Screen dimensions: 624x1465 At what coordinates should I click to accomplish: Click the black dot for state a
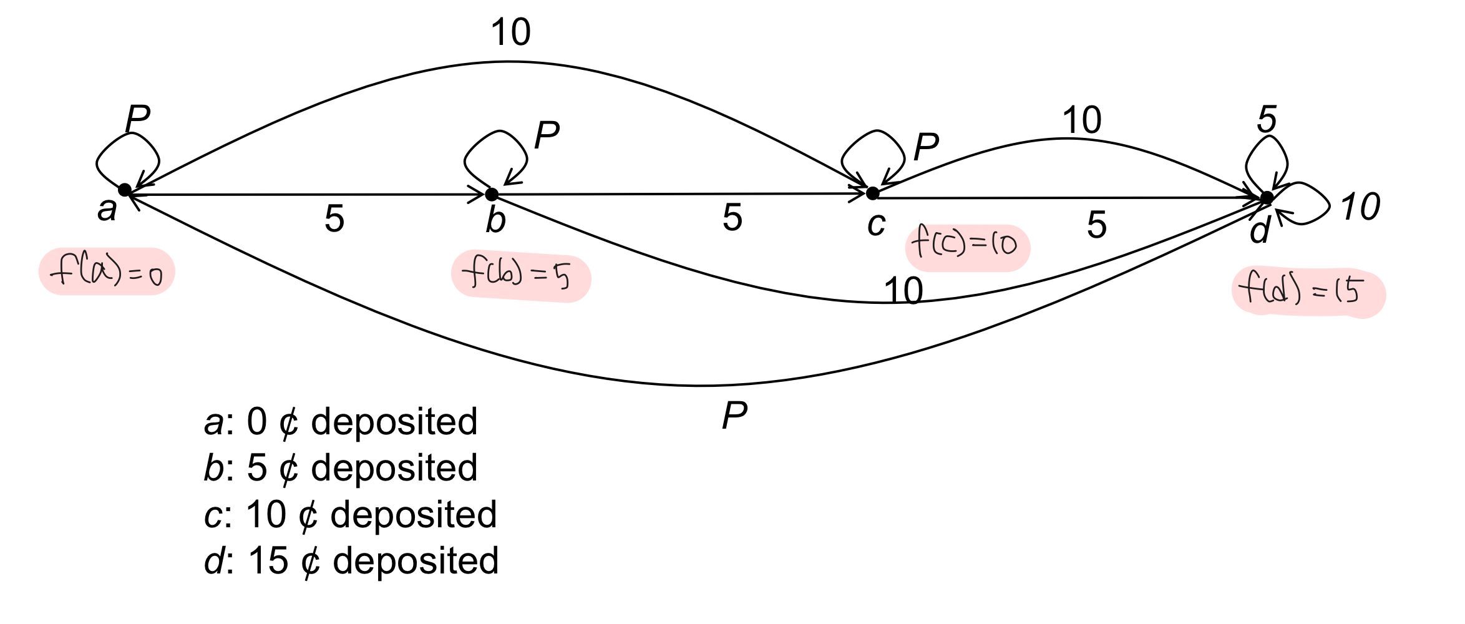coord(125,190)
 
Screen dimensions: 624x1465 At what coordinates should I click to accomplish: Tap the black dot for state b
coord(492,194)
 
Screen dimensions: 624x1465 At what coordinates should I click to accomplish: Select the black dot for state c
coord(872,193)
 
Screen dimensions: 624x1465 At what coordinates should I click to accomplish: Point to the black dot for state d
coord(1267,198)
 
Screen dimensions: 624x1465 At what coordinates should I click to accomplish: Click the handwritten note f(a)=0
coord(107,272)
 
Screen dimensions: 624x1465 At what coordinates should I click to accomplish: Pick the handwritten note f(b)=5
coord(520,276)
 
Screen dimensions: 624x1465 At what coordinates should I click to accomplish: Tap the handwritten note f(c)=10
coord(966,246)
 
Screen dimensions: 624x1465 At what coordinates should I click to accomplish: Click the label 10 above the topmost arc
coord(510,32)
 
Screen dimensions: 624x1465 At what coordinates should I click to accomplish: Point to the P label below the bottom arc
coord(734,416)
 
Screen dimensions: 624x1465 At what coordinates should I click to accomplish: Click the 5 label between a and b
coord(334,219)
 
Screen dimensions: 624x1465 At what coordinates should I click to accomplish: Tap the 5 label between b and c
coord(732,218)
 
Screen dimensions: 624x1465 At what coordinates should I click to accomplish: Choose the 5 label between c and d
coord(1096,225)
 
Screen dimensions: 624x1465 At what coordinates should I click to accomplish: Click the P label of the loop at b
coord(547,135)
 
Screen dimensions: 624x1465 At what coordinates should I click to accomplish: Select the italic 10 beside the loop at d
coord(1360,207)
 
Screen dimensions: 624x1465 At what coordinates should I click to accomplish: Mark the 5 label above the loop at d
coord(1267,119)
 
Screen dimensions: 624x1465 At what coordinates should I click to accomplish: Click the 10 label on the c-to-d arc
coord(1081,120)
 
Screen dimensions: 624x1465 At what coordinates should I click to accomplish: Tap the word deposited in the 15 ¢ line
coord(416,560)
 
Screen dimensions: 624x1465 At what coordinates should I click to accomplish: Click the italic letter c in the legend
coord(213,515)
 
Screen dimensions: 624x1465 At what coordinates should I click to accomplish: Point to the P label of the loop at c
coord(926,147)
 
